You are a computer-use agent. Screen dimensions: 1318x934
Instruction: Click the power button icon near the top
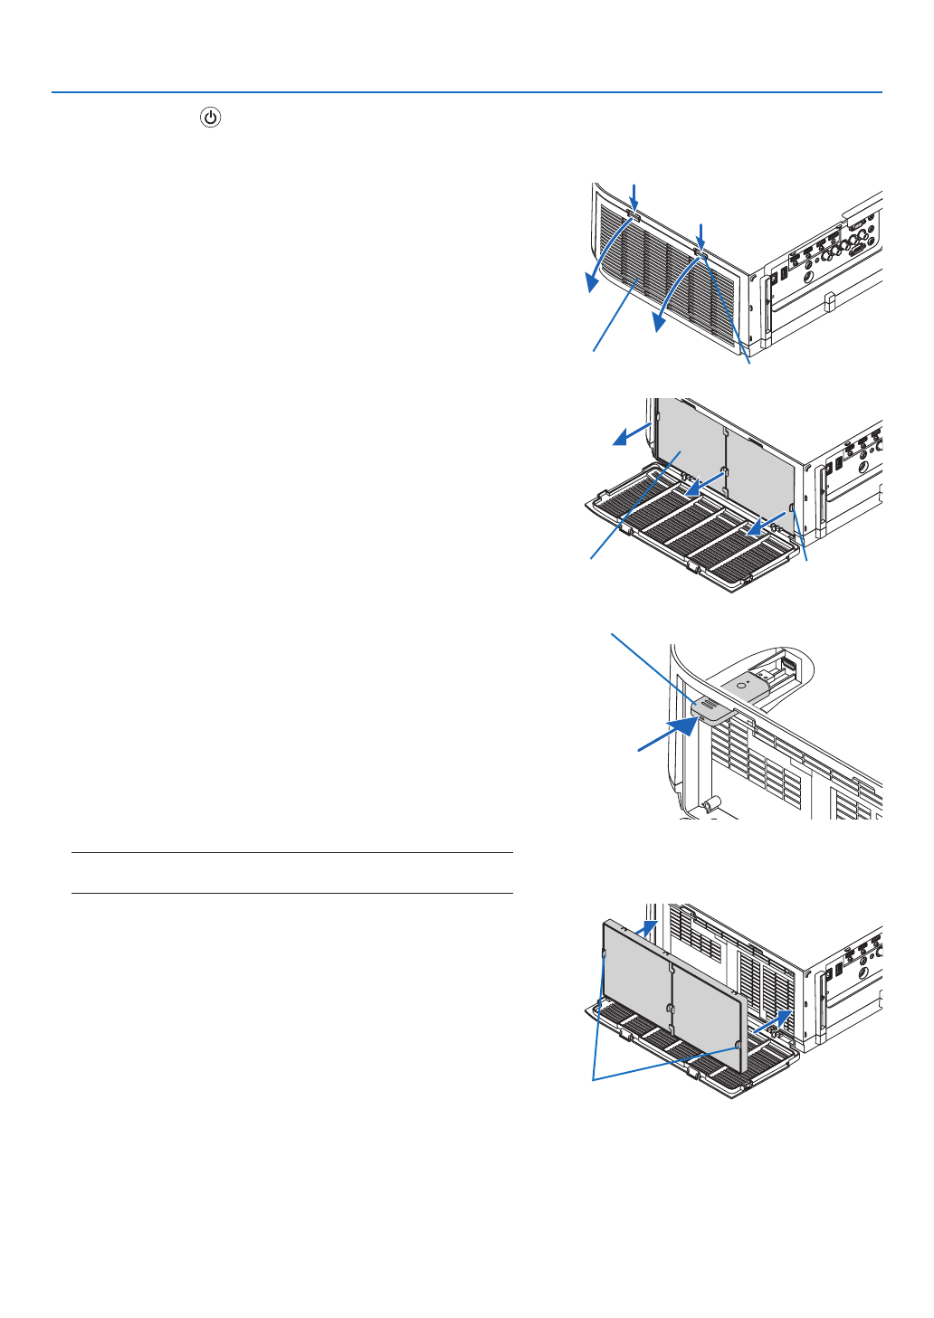click(210, 118)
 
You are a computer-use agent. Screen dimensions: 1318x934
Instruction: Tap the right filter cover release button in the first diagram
click(699, 251)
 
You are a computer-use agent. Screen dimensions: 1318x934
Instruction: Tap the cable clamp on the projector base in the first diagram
click(828, 301)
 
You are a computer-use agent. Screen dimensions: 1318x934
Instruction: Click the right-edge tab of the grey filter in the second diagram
click(792, 510)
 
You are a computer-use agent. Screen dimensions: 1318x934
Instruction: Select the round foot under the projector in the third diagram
click(712, 801)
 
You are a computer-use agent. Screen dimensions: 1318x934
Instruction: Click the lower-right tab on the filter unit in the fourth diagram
click(740, 1045)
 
